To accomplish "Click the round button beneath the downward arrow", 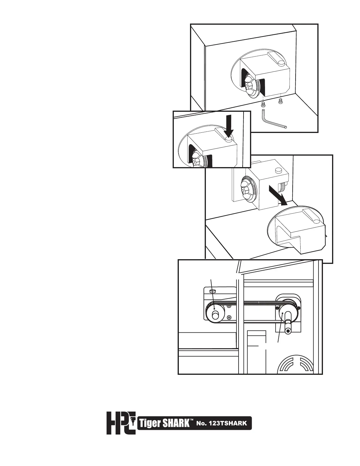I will [x=228, y=140].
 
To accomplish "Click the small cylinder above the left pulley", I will [x=213, y=291].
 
